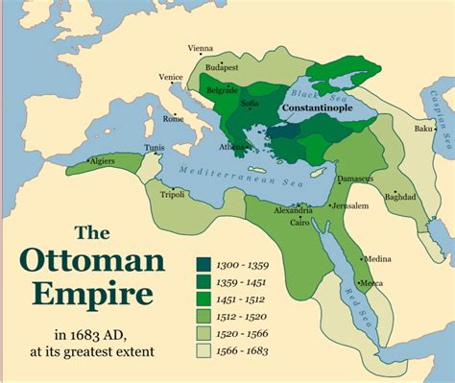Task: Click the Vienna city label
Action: (x=200, y=47)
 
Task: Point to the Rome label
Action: (x=173, y=119)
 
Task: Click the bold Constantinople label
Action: (x=318, y=109)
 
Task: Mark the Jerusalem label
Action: (x=350, y=205)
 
